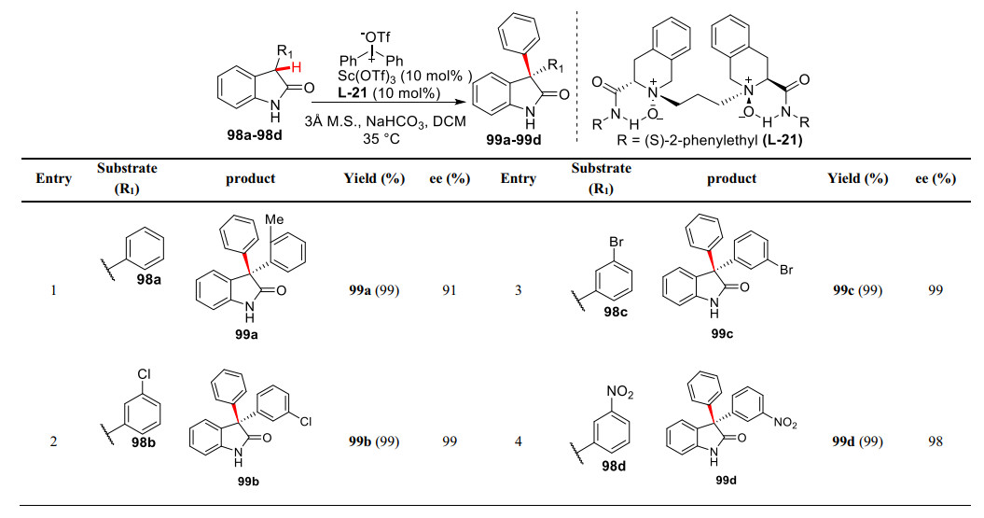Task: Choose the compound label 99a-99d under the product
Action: pyautogui.click(x=515, y=140)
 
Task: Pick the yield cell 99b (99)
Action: pyautogui.click(x=381, y=441)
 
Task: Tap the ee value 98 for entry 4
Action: pyautogui.click(x=935, y=441)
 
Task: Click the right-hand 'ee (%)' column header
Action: pyautogui.click(x=935, y=177)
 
